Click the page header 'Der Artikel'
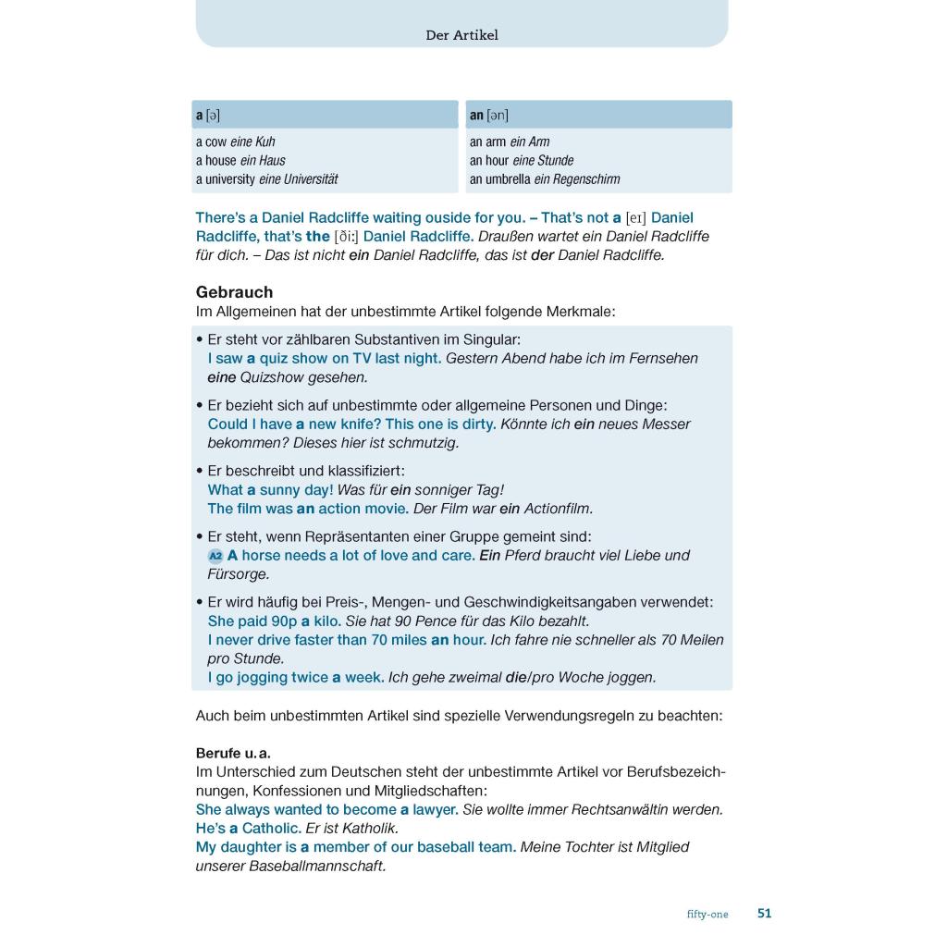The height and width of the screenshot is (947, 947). pyautogui.click(x=461, y=35)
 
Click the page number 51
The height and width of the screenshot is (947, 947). pyautogui.click(x=764, y=913)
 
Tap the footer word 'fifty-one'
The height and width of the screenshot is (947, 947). pyautogui.click(x=707, y=914)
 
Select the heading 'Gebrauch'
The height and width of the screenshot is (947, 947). pyautogui.click(x=234, y=292)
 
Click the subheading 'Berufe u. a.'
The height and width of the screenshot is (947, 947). pyautogui.click(x=233, y=753)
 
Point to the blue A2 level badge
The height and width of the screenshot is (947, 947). pyautogui.click(x=215, y=556)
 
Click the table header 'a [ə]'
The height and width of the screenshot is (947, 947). pyautogui.click(x=208, y=115)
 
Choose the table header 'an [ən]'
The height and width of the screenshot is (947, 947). pyautogui.click(x=488, y=115)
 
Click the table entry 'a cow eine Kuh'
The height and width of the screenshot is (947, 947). pyautogui.click(x=235, y=141)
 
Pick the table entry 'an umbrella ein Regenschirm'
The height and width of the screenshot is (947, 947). pyautogui.click(x=545, y=178)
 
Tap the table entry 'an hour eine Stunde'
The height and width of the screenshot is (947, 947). pyautogui.click(x=522, y=160)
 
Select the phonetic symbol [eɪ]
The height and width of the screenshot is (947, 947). pyautogui.click(x=635, y=218)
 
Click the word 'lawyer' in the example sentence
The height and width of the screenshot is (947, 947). pyautogui.click(x=436, y=809)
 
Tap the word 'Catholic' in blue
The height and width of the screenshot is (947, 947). pyautogui.click(x=271, y=828)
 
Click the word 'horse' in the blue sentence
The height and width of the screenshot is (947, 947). pyautogui.click(x=261, y=556)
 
